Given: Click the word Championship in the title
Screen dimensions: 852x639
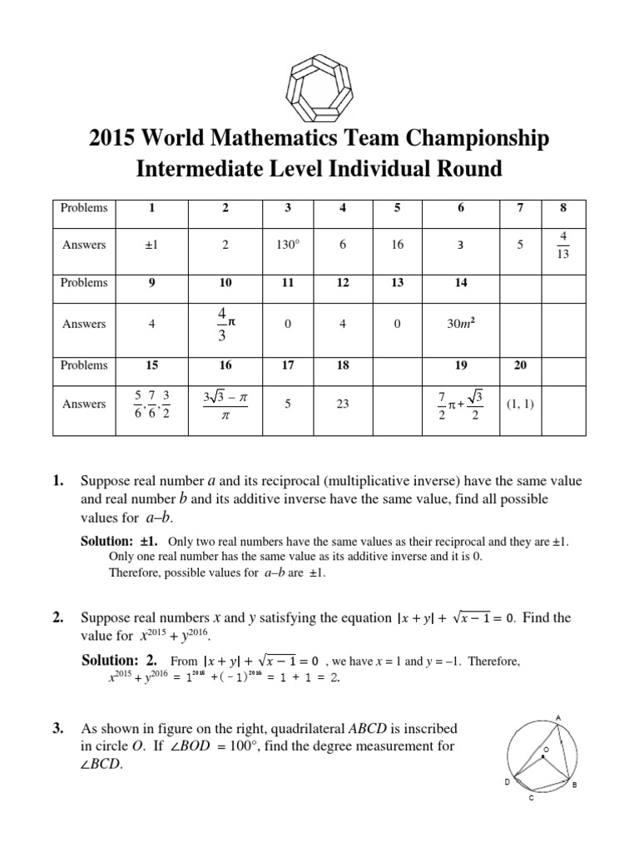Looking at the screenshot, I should (x=475, y=138).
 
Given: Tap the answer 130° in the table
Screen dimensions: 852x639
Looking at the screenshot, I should (x=287, y=245).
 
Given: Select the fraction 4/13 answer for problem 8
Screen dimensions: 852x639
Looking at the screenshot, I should (x=562, y=245).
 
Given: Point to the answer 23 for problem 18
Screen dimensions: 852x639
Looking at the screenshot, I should (x=343, y=404).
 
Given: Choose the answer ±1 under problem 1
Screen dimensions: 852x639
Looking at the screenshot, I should (x=151, y=245).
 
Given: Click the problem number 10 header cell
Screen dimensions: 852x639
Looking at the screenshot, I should (x=225, y=283).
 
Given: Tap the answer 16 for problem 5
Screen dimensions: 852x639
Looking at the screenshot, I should (x=397, y=245).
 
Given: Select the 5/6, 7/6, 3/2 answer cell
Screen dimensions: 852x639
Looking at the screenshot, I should (x=151, y=404).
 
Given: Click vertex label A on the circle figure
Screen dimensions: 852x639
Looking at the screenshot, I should (x=557, y=717).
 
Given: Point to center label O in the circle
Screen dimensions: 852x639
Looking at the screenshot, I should (x=546, y=750).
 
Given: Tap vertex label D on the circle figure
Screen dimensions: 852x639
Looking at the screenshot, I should (x=507, y=783).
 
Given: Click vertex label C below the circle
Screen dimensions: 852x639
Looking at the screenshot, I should (x=532, y=798).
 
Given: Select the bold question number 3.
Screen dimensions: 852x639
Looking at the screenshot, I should (x=57, y=729).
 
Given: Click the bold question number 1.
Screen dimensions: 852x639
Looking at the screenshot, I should (x=57, y=481).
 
